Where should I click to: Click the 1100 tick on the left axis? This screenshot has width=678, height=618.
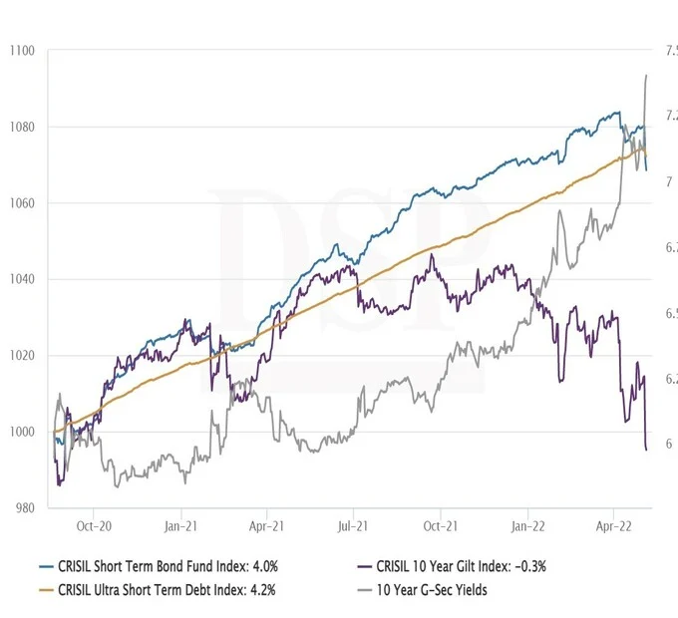20,51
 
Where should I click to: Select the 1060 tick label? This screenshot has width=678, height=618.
20,203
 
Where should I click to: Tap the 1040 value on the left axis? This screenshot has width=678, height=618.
20,279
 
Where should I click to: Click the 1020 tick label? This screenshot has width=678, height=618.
20,356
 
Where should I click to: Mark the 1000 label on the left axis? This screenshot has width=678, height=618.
20,432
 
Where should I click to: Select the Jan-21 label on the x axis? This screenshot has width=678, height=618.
178,523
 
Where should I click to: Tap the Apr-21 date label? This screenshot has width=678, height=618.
265,523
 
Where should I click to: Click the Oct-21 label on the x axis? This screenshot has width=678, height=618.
440,523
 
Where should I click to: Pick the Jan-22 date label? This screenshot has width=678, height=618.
527,523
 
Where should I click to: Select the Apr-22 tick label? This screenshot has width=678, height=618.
612,523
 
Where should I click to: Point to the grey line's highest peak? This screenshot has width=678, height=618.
646,75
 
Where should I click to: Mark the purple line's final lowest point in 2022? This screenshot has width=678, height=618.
646,450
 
